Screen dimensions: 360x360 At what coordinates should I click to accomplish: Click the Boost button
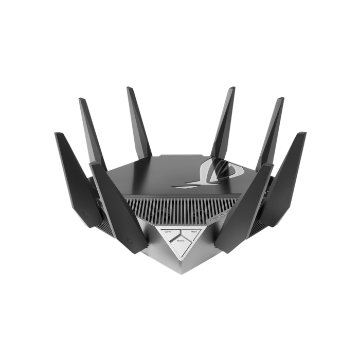pos(181,242)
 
